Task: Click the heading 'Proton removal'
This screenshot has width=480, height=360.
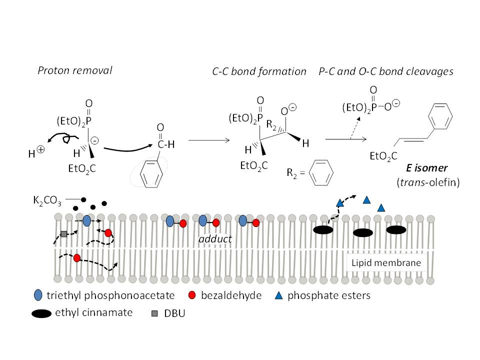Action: tap(75, 70)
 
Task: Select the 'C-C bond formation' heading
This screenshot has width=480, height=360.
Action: tap(259, 71)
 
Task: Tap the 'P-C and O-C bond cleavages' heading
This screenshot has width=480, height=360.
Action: tap(385, 71)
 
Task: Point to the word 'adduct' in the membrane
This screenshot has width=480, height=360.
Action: tap(215, 239)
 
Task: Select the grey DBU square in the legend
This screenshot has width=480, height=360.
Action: tap(155, 313)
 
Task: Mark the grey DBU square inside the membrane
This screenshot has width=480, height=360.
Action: tap(64, 234)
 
